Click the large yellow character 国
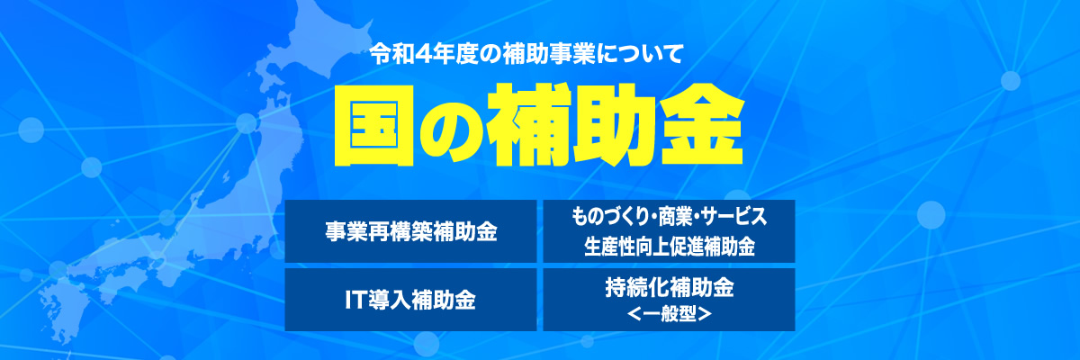[x=373, y=125]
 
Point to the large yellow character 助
[x=615, y=125]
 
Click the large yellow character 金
[x=701, y=125]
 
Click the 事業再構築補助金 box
[x=410, y=231]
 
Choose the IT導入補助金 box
[x=410, y=300]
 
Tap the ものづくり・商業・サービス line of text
[x=670, y=217]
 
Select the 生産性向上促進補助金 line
[x=670, y=247]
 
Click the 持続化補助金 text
[x=670, y=288]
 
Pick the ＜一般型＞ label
[x=670, y=314]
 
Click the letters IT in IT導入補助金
[x=355, y=300]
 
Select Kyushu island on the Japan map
[x=63, y=309]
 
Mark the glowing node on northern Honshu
[x=247, y=123]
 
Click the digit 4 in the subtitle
[x=421, y=55]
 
